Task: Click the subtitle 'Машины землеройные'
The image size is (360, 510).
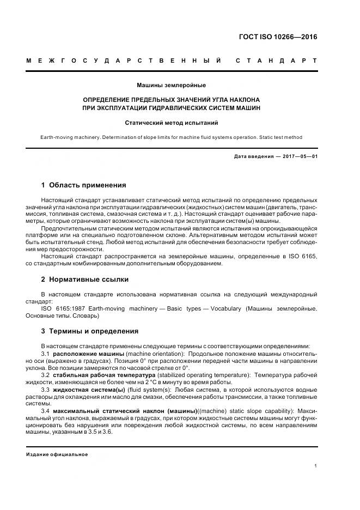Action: click(171, 85)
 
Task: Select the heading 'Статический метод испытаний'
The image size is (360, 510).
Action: click(171, 123)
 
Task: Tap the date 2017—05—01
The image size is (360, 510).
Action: click(300, 157)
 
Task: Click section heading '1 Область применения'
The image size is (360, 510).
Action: click(83, 185)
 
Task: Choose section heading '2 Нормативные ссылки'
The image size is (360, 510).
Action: click(85, 280)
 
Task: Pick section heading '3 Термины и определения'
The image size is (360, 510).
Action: click(90, 331)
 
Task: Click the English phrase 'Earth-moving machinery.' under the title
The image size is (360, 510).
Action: click(64, 137)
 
